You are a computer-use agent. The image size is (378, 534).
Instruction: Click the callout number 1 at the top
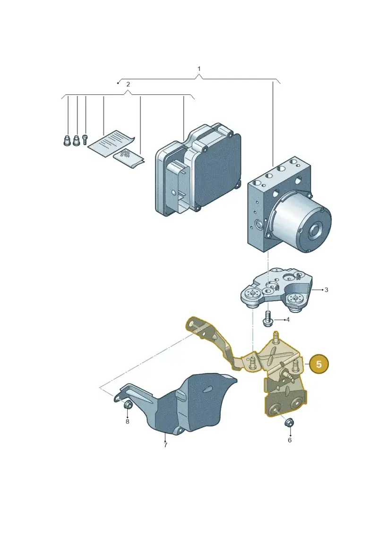coord(199,69)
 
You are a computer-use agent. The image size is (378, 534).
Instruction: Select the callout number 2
coord(128,84)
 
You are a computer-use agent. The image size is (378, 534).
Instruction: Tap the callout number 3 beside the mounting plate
coord(326,290)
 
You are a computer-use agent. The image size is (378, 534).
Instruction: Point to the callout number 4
coord(288,320)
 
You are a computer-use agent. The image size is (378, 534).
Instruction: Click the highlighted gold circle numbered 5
coord(318,364)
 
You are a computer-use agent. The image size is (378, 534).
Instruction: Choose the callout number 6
coord(290,440)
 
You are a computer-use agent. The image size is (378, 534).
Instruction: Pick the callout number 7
coord(165,445)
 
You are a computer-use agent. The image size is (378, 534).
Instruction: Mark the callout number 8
coord(128,421)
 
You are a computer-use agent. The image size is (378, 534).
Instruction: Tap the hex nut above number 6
coord(289,423)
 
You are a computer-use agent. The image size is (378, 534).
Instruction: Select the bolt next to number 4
coord(267,318)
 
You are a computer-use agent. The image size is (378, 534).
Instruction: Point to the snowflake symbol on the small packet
coord(125,153)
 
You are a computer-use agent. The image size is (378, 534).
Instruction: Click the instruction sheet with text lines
coord(111,143)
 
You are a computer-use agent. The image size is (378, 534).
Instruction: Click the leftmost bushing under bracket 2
coord(67,140)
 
